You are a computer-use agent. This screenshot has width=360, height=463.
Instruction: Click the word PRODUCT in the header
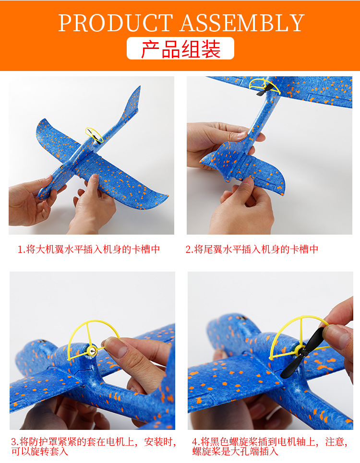tap(115, 23)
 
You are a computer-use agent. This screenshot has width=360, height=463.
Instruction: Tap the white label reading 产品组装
tap(180, 48)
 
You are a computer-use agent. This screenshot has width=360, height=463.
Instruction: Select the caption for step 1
tap(89, 249)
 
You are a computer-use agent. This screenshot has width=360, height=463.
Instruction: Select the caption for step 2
tap(252, 249)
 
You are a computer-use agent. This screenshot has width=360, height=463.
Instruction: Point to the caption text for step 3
tap(94, 446)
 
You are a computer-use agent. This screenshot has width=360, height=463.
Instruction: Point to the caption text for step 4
tap(269, 446)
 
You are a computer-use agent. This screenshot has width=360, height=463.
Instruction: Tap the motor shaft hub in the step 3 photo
tap(93, 352)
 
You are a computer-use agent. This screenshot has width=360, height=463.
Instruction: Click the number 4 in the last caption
tap(195, 441)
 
